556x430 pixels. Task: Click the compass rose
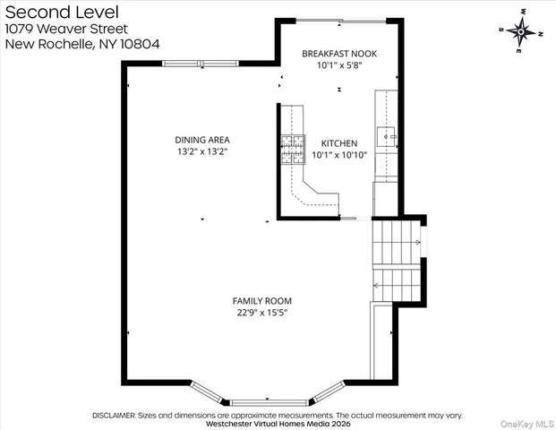point(520,30)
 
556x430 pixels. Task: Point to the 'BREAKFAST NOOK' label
point(339,54)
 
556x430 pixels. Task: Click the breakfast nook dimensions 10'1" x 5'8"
point(339,65)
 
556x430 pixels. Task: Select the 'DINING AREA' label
point(202,140)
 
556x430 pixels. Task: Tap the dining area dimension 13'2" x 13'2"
point(202,152)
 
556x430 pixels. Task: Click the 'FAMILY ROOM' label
point(262,301)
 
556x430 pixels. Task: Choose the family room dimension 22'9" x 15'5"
point(262,313)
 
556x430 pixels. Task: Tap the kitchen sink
point(387,137)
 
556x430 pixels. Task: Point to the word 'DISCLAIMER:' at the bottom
point(117,416)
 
